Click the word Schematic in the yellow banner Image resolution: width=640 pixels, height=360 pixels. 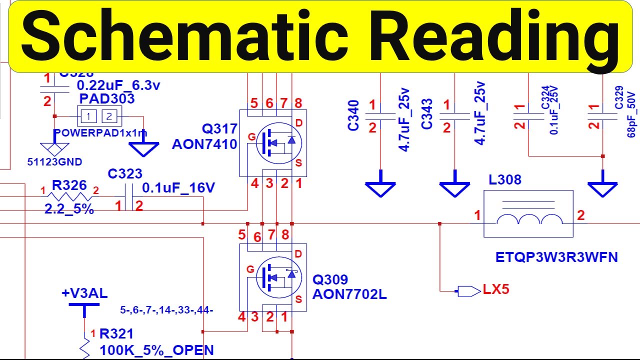[x=185, y=36]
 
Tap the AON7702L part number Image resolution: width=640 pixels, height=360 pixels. [x=349, y=294]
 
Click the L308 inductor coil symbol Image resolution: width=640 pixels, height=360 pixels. [x=528, y=220]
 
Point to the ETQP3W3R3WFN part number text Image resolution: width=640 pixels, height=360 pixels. [x=556, y=257]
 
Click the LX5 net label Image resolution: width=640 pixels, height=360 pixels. [x=495, y=289]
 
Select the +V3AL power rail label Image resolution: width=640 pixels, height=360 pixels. [x=84, y=293]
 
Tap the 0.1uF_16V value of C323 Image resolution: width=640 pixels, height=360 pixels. [x=178, y=188]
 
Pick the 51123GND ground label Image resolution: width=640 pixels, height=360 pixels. [x=55, y=162]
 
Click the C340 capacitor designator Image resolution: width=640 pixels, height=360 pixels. [x=353, y=115]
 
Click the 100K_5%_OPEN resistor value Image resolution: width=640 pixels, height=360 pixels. [x=157, y=350]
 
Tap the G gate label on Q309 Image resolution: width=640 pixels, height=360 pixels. [x=250, y=270]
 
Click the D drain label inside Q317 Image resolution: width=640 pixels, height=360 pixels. [x=299, y=122]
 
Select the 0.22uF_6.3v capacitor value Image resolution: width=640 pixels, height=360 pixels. [x=118, y=85]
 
